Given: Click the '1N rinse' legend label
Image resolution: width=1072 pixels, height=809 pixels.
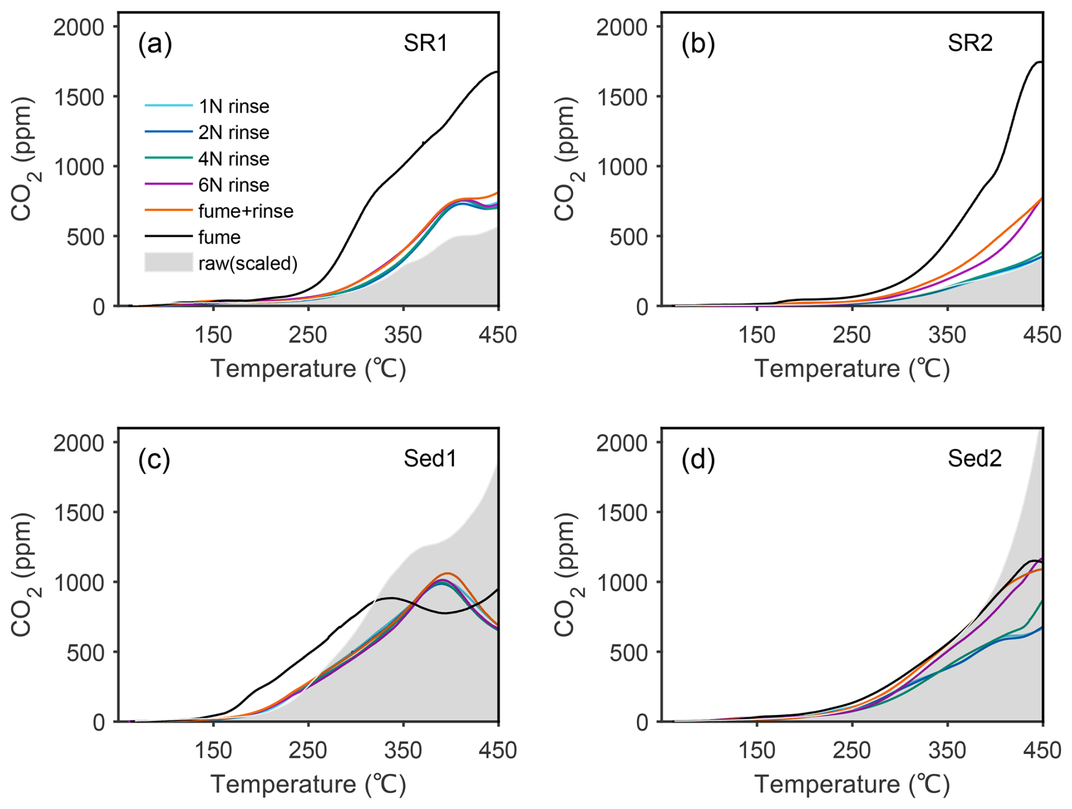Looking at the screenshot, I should [x=233, y=106].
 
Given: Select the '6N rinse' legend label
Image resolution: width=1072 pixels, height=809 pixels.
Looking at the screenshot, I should [x=233, y=185].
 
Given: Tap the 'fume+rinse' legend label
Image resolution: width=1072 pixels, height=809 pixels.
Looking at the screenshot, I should [x=245, y=211].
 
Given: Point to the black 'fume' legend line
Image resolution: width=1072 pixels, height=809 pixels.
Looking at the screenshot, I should [x=168, y=237].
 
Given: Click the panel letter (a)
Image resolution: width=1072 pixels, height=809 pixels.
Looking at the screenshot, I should [x=155, y=44].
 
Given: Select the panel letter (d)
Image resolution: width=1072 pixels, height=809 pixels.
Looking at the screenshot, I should [x=698, y=459].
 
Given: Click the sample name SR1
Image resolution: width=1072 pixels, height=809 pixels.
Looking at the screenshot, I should [x=426, y=44].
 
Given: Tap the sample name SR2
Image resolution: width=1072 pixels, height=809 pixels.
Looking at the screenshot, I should [x=970, y=44].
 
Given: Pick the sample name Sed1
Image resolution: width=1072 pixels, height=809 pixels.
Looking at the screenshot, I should [x=429, y=458].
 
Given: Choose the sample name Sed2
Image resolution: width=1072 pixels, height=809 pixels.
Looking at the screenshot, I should [x=975, y=458].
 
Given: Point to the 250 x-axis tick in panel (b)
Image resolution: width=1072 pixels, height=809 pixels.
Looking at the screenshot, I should [x=852, y=335].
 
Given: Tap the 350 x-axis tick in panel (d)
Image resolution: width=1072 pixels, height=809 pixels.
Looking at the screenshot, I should [x=947, y=750].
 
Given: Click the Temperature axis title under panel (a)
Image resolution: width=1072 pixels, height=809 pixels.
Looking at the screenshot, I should [x=308, y=369].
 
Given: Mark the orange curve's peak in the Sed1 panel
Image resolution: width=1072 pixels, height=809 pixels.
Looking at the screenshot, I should [x=446, y=573].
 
